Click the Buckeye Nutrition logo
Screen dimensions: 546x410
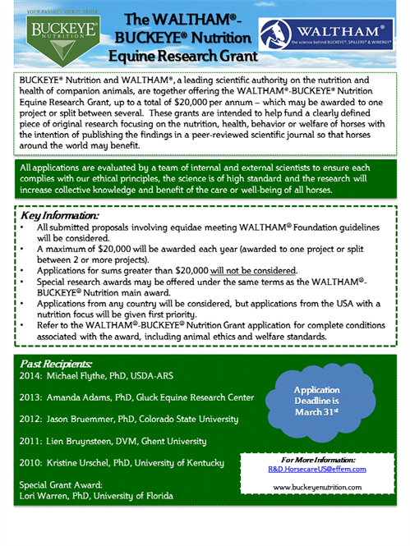[x=52, y=32]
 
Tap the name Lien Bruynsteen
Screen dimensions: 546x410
[x=83, y=442]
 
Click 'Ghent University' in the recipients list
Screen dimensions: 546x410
[x=183, y=442]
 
